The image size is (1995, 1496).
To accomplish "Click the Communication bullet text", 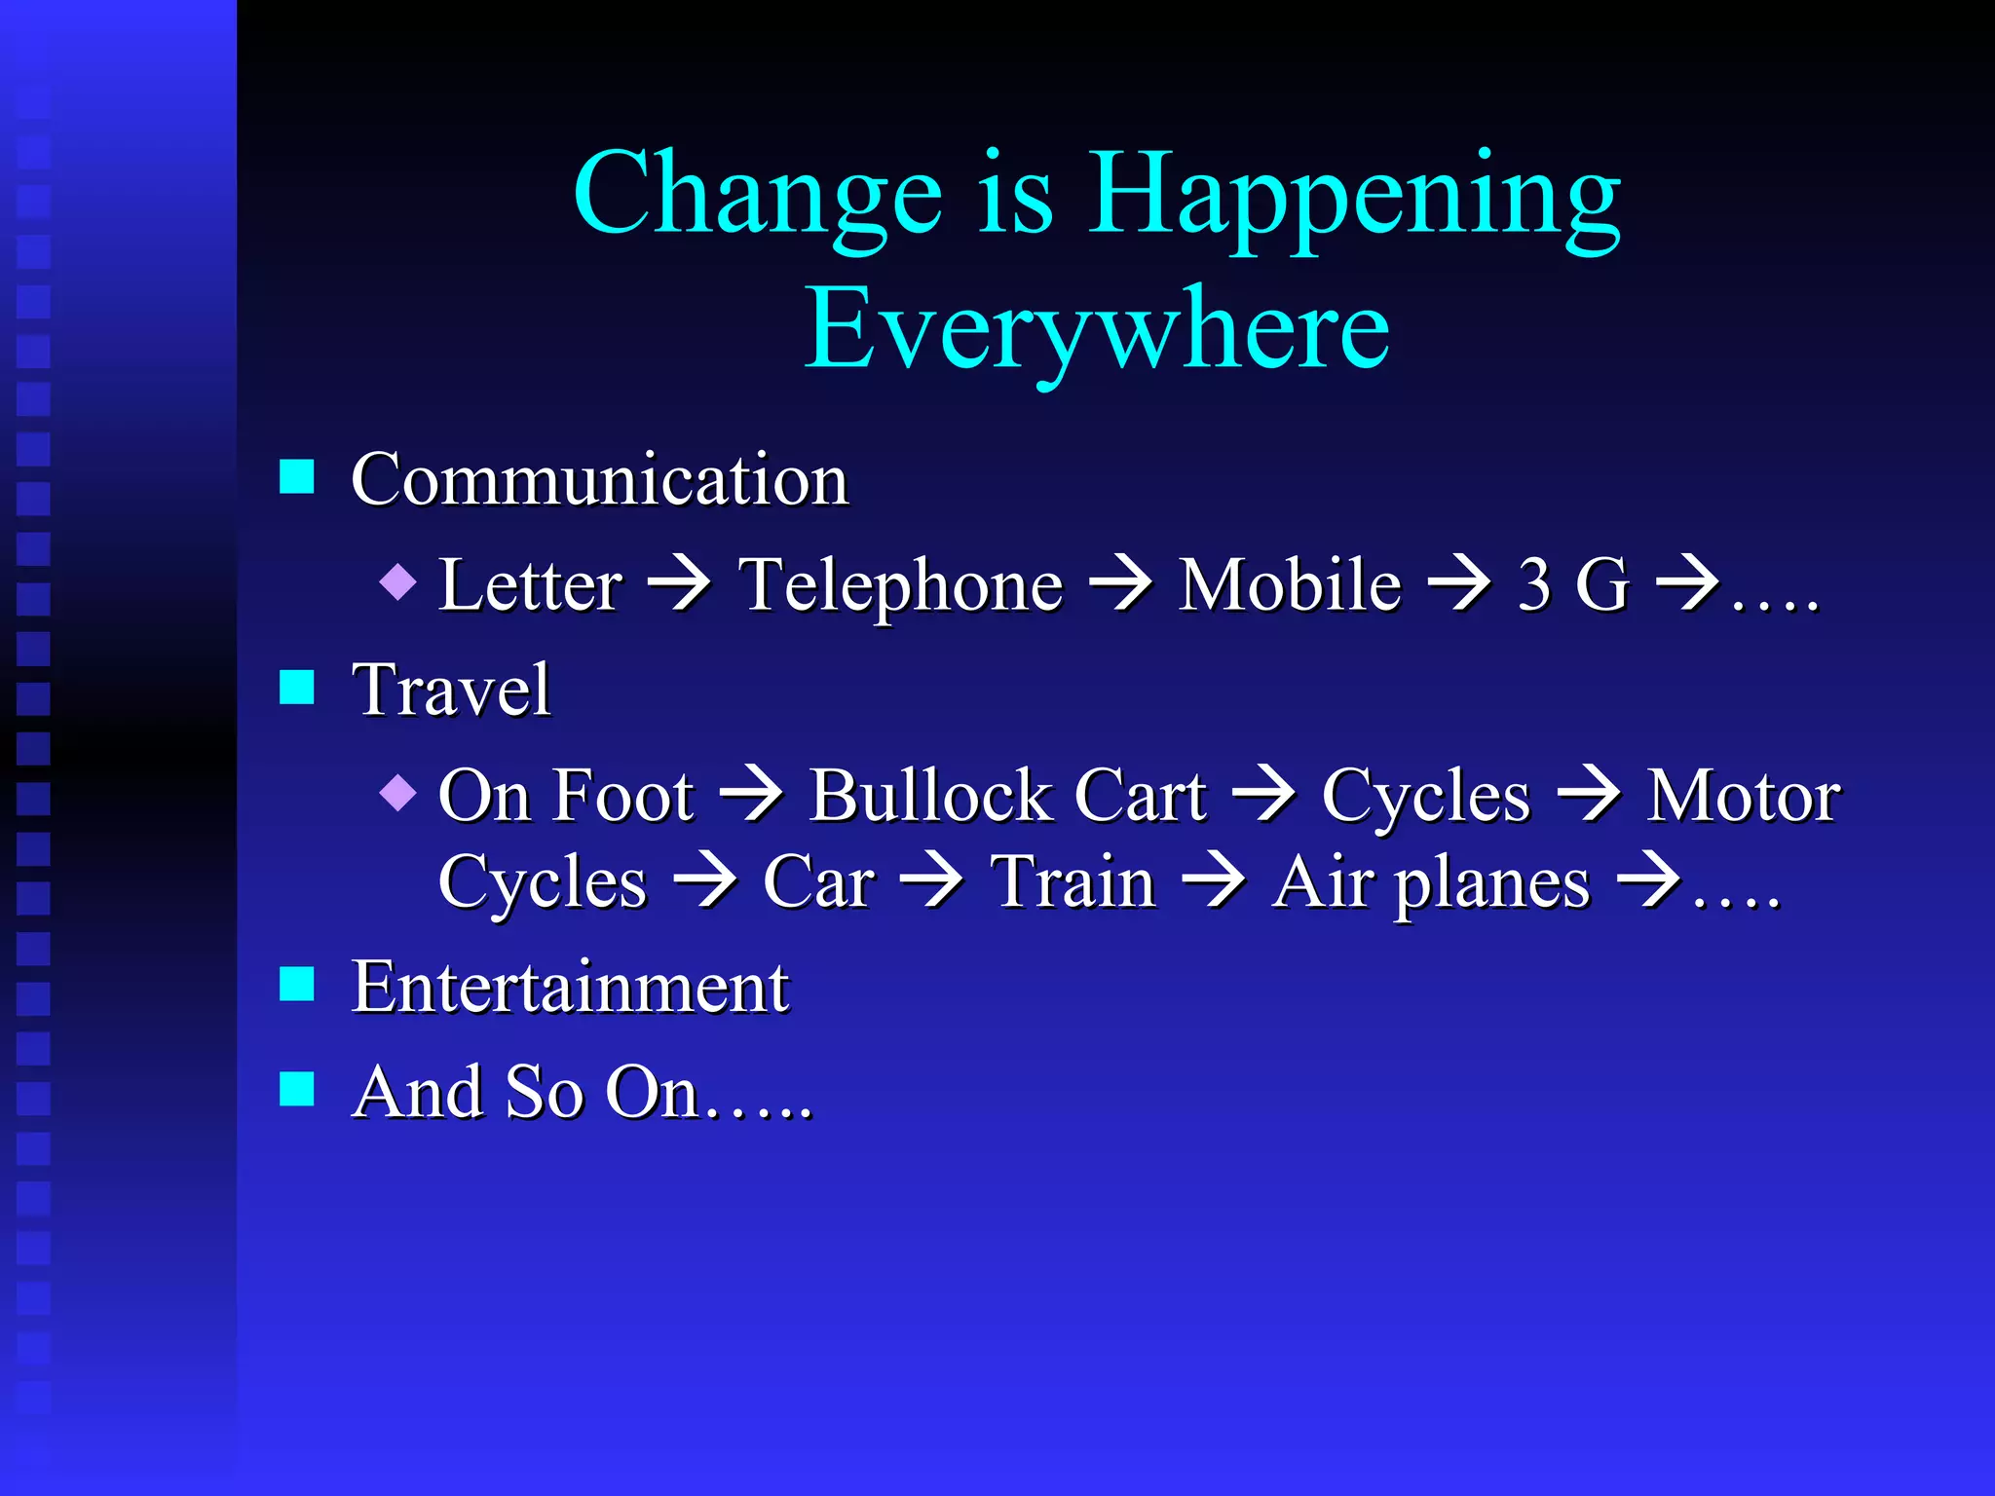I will click(x=599, y=479).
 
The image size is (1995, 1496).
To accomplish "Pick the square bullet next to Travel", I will click(x=296, y=688).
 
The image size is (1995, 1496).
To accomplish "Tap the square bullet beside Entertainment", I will click(x=296, y=985).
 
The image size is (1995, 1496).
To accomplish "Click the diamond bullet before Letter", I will click(x=398, y=582).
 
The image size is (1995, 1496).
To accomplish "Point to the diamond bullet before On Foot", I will click(x=398, y=793).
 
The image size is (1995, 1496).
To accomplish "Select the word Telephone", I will click(x=900, y=586).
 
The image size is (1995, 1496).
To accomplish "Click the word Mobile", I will click(x=1289, y=586).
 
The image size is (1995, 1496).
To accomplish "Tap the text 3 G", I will click(x=1572, y=586).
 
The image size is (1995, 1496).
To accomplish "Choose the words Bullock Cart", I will click(x=1007, y=797).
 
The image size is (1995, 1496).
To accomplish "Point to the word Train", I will click(x=1073, y=882).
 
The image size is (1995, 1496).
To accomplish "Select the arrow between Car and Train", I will click(x=931, y=882).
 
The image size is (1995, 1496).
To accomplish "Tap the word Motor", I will click(x=1743, y=797).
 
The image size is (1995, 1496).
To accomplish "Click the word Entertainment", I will click(x=570, y=988).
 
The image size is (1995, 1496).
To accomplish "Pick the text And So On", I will click(x=526, y=1092).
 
